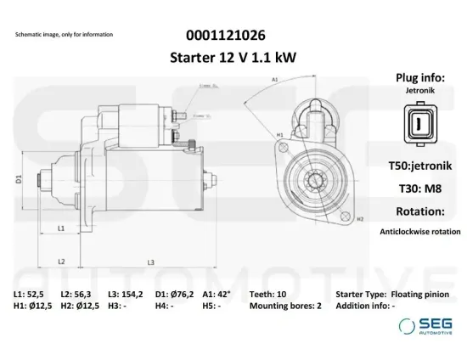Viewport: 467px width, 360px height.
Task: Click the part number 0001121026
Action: [x=224, y=36]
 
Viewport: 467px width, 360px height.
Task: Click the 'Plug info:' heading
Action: [x=420, y=78]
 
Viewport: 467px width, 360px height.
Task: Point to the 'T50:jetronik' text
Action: [x=420, y=166]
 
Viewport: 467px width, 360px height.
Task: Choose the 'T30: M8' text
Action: [x=420, y=188]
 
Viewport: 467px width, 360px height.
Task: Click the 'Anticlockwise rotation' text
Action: [x=420, y=231]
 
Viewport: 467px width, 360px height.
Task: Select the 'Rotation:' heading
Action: [x=420, y=211]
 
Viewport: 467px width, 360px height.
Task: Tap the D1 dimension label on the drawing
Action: [x=19, y=179]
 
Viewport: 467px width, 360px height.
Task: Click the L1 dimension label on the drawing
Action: [x=61, y=229]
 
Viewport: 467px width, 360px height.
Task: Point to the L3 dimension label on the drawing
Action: [x=150, y=262]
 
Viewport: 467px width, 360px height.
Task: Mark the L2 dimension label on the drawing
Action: [x=61, y=262]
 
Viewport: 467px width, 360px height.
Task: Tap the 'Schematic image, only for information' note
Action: [x=64, y=35]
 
